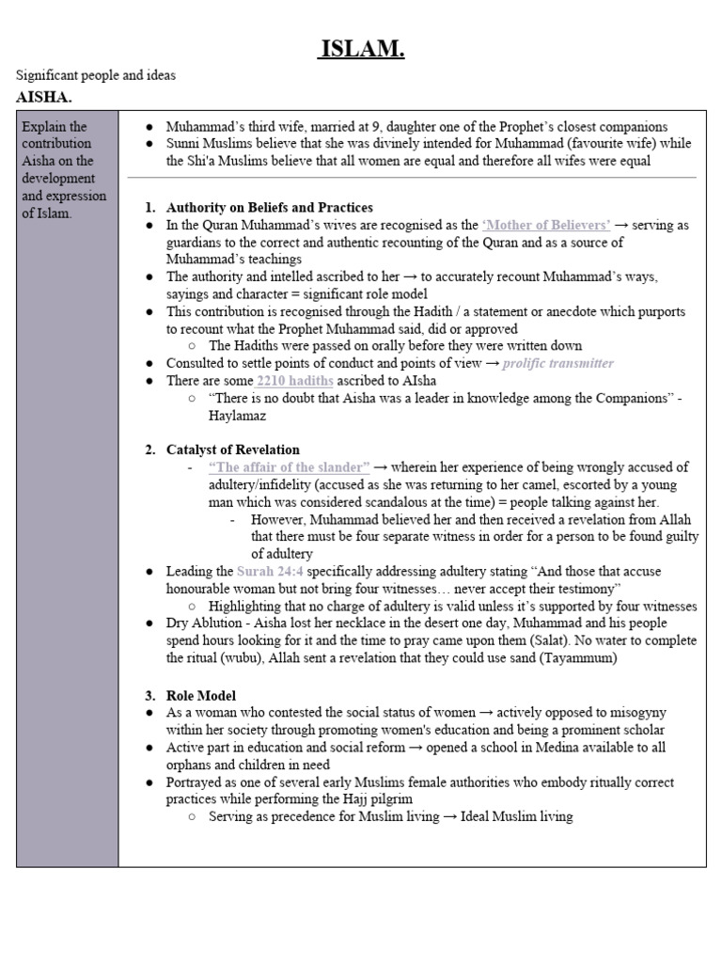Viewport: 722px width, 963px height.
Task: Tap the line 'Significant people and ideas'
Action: (x=96, y=75)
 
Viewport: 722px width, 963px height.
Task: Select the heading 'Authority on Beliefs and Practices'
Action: (x=269, y=207)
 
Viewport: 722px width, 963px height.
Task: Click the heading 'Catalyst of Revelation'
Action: (x=233, y=450)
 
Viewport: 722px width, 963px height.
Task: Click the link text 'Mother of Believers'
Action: (x=546, y=225)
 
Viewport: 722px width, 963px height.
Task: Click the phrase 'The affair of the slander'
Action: (x=289, y=467)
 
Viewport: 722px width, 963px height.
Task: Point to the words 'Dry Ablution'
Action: (x=204, y=624)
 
